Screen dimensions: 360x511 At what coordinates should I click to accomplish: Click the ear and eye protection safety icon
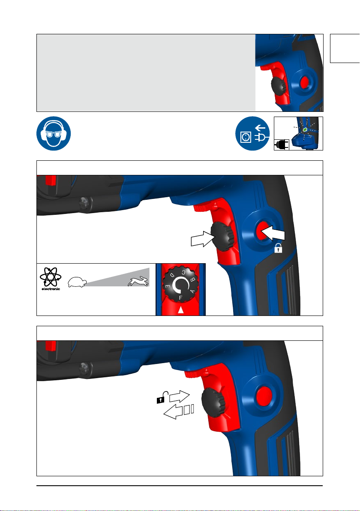coord(54,133)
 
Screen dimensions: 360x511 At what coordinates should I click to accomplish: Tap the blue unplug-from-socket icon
coord(252,133)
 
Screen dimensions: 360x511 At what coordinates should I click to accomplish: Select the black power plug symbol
coord(282,145)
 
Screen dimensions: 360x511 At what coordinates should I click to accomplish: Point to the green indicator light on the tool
coord(305,130)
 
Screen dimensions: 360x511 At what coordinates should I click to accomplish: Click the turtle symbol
coord(77,282)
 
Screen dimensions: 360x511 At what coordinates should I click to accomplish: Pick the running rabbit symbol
coord(138,281)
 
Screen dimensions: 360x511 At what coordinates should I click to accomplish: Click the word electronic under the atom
coord(51,289)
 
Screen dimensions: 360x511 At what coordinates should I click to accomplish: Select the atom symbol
coord(51,277)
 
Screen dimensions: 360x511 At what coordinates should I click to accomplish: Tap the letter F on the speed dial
coord(180,298)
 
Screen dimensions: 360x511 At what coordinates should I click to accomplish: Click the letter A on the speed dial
coord(192,291)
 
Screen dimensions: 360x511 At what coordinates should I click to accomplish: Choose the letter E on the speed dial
coord(168,286)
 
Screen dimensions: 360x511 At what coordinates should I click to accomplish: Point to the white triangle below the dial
coord(181,310)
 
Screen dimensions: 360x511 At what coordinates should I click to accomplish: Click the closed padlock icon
coord(278,248)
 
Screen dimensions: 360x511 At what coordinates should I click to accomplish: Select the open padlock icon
coord(161,397)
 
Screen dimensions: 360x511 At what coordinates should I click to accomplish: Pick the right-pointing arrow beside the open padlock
coord(179,396)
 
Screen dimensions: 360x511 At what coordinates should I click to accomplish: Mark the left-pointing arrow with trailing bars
coord(179,412)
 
